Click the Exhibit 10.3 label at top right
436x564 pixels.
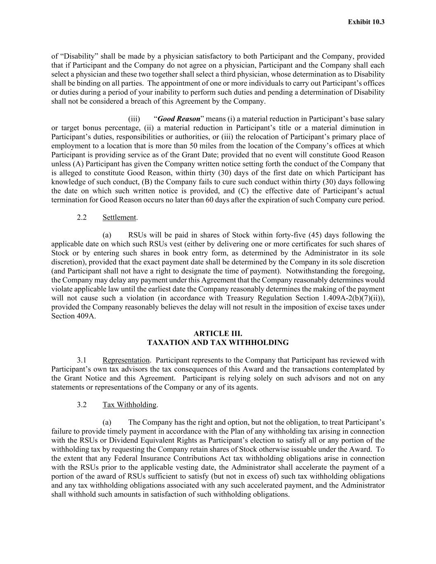(366, 22)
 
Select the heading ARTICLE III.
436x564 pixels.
(218, 333)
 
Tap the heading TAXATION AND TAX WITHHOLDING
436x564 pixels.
(218, 343)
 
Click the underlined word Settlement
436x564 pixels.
(119, 217)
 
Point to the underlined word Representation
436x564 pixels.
(126, 360)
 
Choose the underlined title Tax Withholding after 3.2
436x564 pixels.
(129, 405)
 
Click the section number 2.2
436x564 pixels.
(81, 217)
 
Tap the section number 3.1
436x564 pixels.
(81, 360)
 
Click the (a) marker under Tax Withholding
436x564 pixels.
(107, 422)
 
